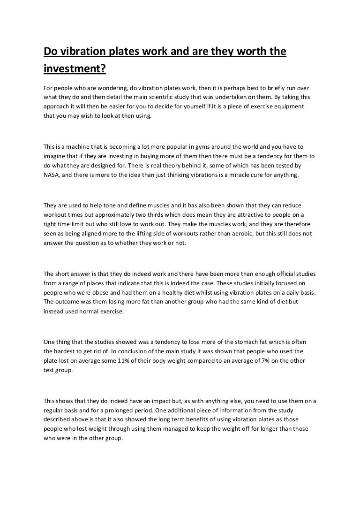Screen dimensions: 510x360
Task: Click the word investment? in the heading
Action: tap(75, 69)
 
